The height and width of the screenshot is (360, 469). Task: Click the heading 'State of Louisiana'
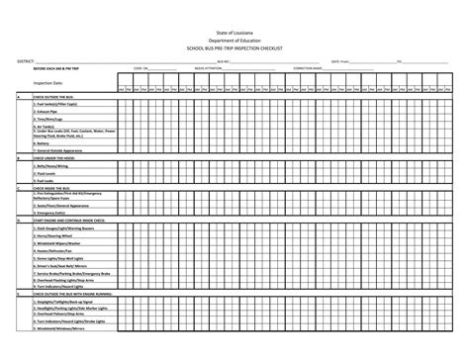234,33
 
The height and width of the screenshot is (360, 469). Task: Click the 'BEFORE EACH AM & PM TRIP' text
55,69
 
